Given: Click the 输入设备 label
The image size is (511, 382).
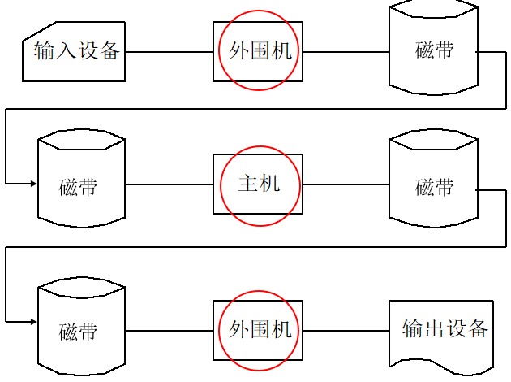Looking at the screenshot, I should point(76,52).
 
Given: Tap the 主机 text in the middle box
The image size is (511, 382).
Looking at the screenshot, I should point(259,184).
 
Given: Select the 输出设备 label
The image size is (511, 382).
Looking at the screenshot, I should point(445,329).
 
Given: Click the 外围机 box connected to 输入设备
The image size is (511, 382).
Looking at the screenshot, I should point(258,51).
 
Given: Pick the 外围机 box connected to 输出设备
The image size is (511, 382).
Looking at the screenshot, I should point(258,330).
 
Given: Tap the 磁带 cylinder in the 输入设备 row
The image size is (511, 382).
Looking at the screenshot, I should point(433,50).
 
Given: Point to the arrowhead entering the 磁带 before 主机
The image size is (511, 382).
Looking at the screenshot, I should point(33,184).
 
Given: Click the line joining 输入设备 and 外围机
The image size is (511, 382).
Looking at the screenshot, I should point(169,52).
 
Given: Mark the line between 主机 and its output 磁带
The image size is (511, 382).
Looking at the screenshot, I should point(346,184).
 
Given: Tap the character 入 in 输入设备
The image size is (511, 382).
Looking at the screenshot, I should point(66,52).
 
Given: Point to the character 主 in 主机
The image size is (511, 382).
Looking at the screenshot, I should point(247,184).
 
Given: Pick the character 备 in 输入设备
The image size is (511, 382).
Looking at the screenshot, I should point(110,52).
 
